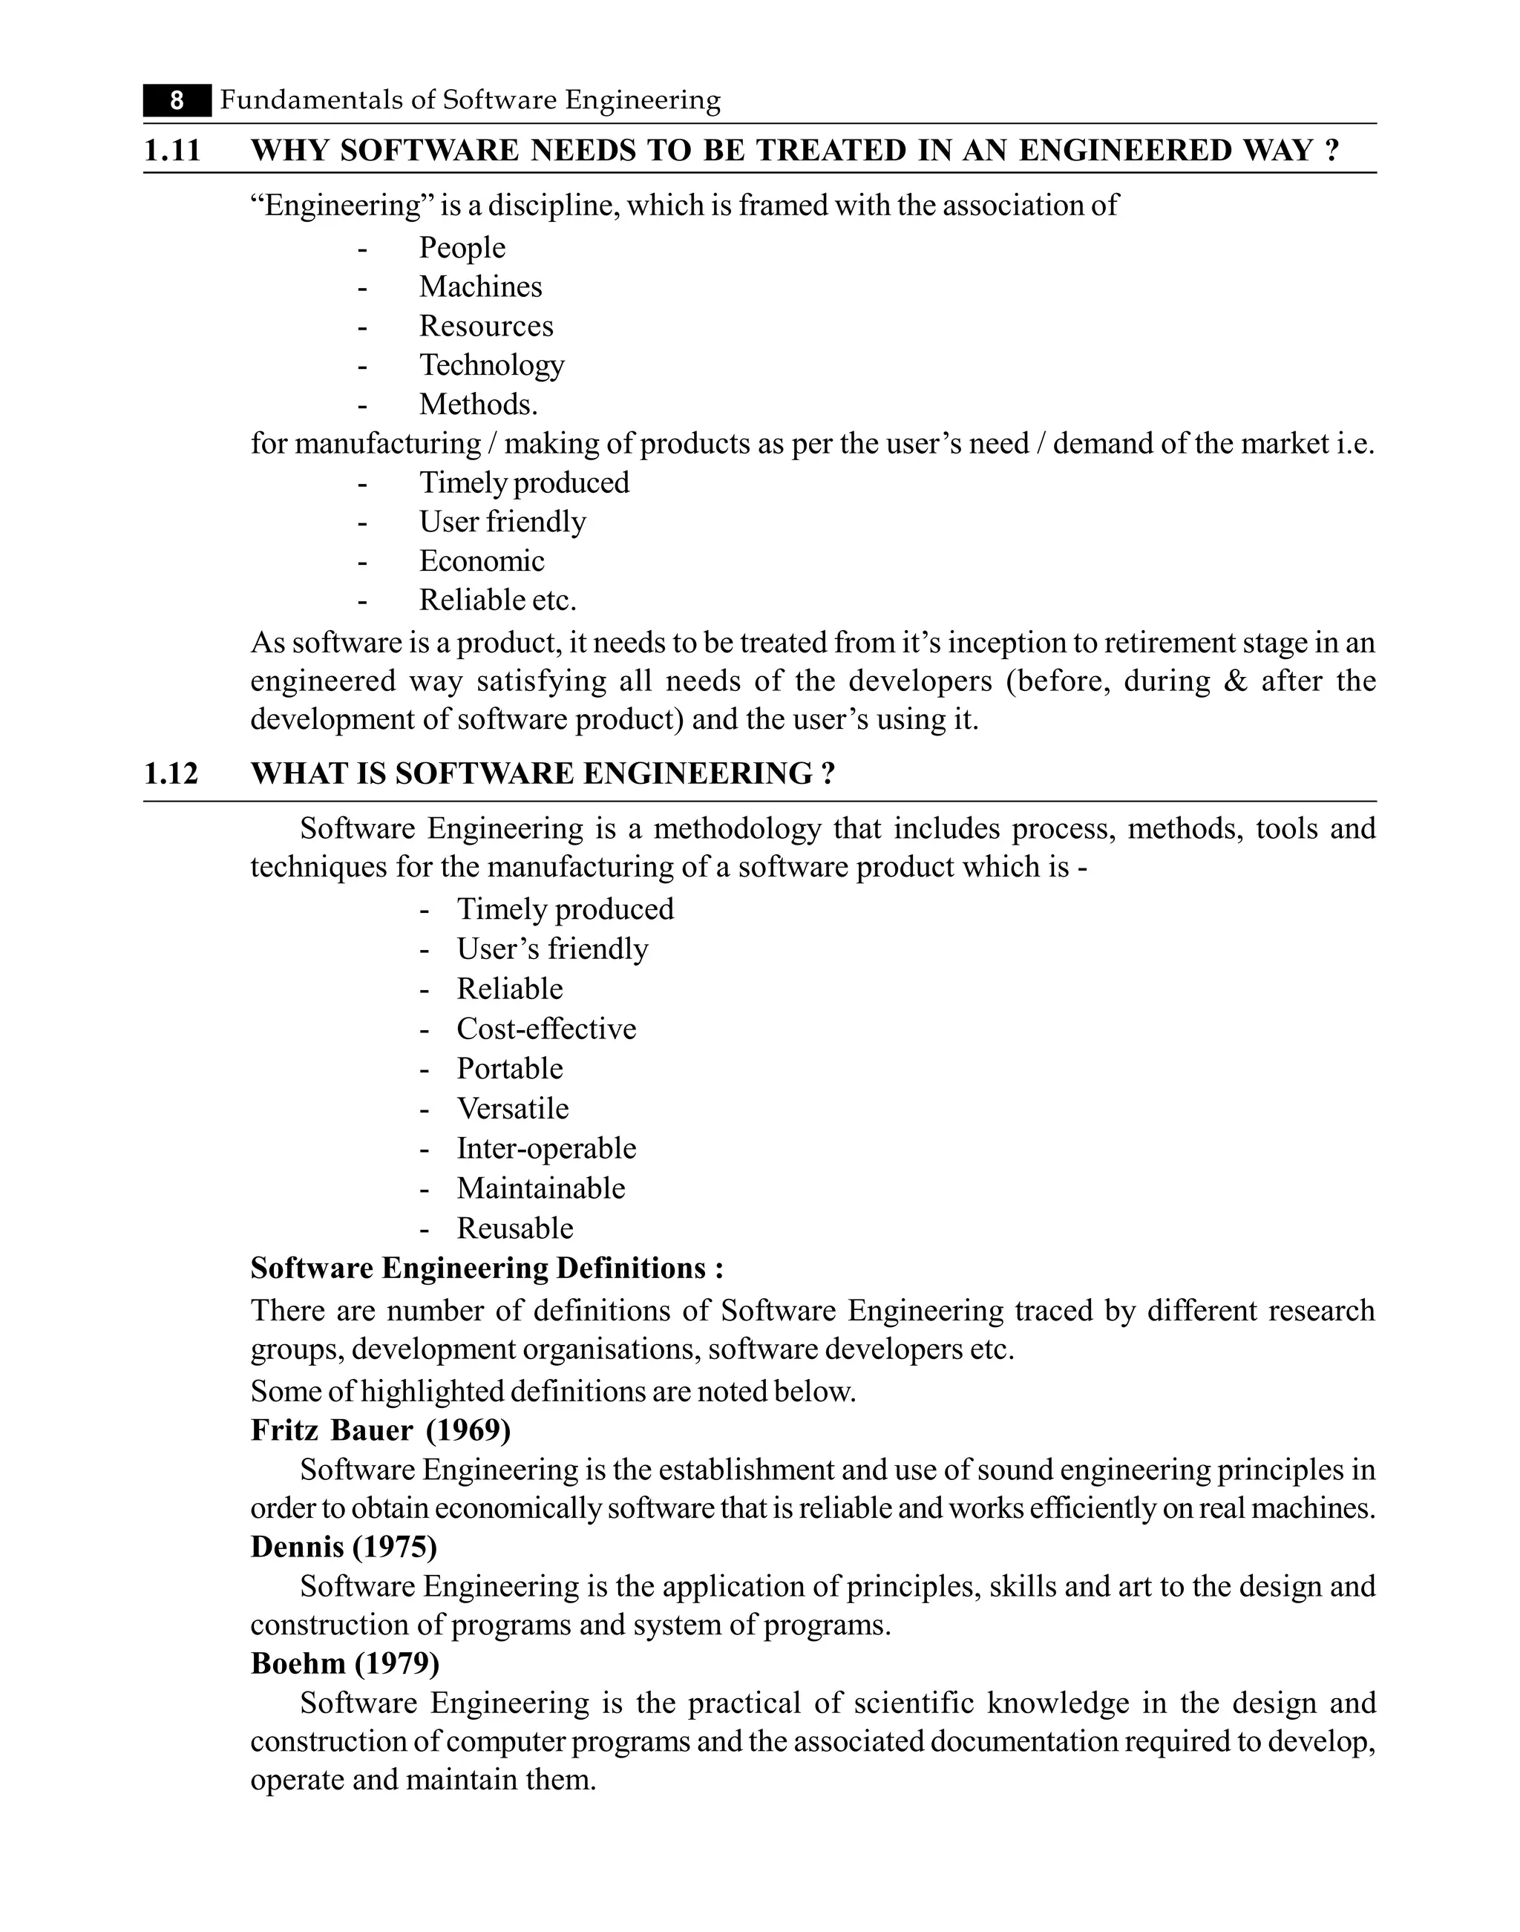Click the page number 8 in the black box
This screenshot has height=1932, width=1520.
[177, 100]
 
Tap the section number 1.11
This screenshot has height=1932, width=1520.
[173, 151]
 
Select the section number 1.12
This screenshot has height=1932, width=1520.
[171, 773]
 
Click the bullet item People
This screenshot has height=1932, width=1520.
[462, 247]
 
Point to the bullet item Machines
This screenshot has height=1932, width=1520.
[480, 286]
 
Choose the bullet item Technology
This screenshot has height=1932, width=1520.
[491, 365]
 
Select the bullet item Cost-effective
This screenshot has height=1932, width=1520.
[546, 1029]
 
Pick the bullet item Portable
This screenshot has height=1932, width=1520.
[510, 1069]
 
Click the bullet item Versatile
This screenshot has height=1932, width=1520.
[513, 1109]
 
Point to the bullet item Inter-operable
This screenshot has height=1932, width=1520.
[546, 1149]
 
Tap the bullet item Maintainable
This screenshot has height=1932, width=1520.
[541, 1189]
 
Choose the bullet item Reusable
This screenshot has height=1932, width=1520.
[515, 1229]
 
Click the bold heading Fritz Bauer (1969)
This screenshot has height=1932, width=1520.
[381, 1430]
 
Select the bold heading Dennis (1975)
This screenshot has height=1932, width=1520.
[344, 1548]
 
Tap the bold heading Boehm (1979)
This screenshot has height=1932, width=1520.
[345, 1663]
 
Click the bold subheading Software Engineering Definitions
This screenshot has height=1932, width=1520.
[487, 1268]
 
